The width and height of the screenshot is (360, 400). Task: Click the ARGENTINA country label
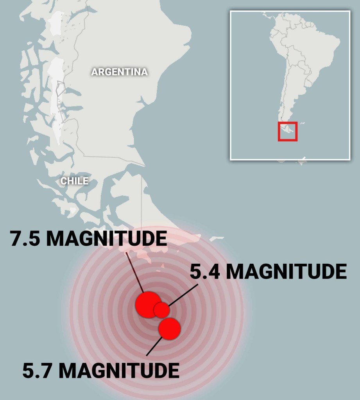[x=119, y=72]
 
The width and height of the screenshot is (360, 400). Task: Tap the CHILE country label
[x=74, y=181]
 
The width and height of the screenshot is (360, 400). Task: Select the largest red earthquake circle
[x=148, y=304]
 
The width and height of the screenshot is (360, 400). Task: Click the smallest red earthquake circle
[x=162, y=310]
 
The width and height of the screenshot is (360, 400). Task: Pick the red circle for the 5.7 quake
[x=170, y=329]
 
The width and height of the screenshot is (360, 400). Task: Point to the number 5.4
[x=205, y=271]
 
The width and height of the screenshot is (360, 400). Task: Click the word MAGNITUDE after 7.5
[x=106, y=239]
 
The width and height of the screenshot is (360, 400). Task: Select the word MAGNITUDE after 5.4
[x=287, y=271]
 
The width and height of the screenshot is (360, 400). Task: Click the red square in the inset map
[x=288, y=131]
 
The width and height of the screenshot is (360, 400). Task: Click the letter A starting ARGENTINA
[x=94, y=72]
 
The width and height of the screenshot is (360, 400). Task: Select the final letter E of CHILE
[x=85, y=181]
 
